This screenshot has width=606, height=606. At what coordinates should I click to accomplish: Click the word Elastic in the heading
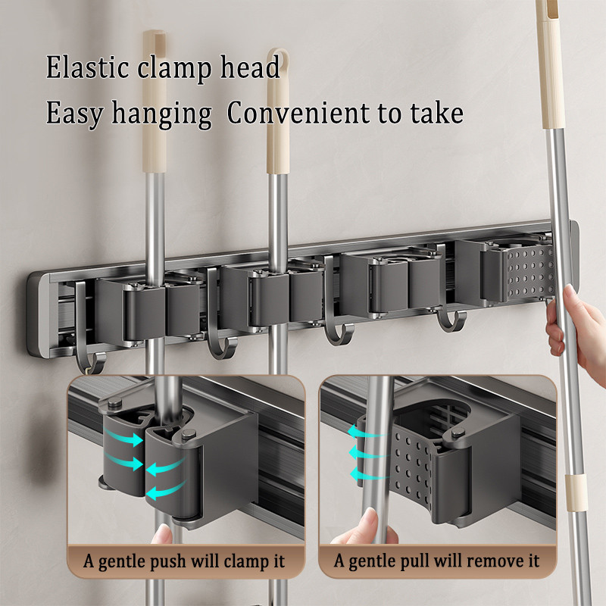click(87, 67)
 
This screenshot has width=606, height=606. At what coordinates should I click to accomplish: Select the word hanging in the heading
click(161, 114)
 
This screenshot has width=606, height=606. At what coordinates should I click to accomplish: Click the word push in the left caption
click(167, 562)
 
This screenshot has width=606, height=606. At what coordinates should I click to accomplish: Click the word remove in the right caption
click(477, 561)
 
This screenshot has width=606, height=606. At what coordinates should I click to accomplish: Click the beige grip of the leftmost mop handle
click(155, 102)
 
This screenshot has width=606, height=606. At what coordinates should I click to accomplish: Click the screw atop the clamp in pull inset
click(458, 433)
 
